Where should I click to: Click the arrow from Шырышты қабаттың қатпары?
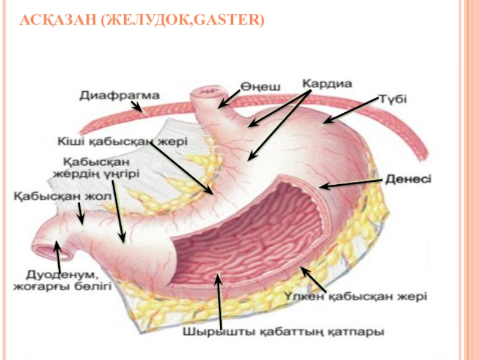click(220, 300)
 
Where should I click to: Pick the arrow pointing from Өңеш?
click(228, 100)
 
